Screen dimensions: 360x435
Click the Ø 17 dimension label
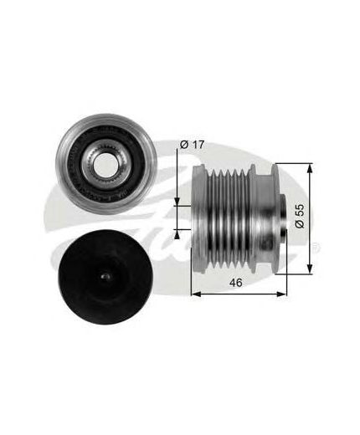(x=193, y=145)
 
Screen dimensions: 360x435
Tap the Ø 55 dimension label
(x=300, y=216)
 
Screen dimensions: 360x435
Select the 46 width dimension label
(x=236, y=283)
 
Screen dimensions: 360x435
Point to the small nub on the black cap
(x=105, y=276)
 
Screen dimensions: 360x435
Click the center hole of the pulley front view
(x=104, y=165)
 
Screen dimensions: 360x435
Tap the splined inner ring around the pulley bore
(x=104, y=165)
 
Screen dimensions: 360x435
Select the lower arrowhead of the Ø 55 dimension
(x=309, y=269)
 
